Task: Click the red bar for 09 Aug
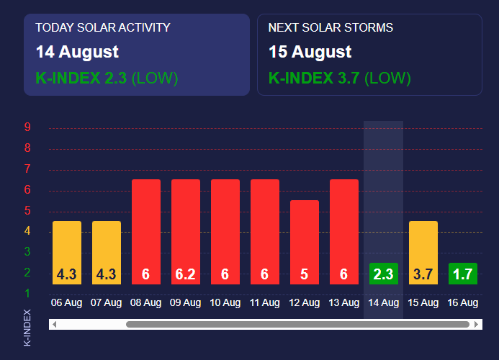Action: coord(185,230)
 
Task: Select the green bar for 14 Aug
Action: coord(383,274)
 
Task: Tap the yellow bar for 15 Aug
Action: coord(423,252)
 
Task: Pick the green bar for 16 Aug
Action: coord(462,274)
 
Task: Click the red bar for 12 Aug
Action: coord(304,241)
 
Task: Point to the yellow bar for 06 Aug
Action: coord(67,252)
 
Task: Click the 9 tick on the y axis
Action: coord(27,128)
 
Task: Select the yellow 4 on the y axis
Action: coord(27,232)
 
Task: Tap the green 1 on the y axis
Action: coord(27,294)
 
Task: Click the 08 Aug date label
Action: coord(145,303)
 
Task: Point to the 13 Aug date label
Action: coord(343,303)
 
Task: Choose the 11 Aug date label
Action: coord(264,303)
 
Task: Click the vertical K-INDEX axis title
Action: coord(27,328)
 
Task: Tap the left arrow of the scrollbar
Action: coord(55,325)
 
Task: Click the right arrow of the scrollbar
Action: coord(476,325)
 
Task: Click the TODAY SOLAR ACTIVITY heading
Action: coord(103,28)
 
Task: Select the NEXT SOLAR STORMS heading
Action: coord(331,28)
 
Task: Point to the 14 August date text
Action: coord(77,52)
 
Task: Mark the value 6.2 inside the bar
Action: coord(185,274)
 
